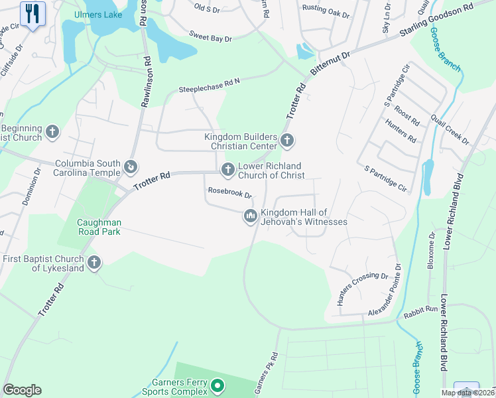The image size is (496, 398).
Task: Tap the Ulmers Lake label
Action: (x=97, y=14)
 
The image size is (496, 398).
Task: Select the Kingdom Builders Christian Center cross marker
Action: (x=287, y=140)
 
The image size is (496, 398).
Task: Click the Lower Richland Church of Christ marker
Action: (x=228, y=170)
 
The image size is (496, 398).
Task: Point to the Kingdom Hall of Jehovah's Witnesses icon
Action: (x=251, y=216)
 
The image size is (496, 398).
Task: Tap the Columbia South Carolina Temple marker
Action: (x=131, y=165)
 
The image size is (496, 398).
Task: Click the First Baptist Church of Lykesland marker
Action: (x=93, y=263)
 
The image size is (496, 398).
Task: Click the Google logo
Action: (x=22, y=389)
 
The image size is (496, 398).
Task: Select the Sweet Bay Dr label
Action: (x=210, y=37)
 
